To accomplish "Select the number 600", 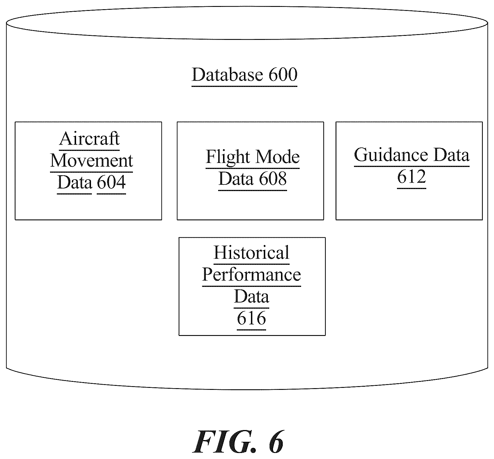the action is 283,75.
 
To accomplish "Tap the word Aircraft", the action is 89,139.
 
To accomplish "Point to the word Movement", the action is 92,161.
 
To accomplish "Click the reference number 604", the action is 111,182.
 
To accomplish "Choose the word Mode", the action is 278,157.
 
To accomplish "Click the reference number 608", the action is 273,179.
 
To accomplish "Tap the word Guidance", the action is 391,155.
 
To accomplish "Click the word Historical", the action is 251,252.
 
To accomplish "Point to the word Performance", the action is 251,275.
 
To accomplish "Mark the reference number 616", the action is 251,318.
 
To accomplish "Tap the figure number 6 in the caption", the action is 276,441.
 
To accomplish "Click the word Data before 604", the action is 74,182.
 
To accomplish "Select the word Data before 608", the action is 236,179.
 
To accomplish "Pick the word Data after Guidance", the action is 451,155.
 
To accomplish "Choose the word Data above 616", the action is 251,296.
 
